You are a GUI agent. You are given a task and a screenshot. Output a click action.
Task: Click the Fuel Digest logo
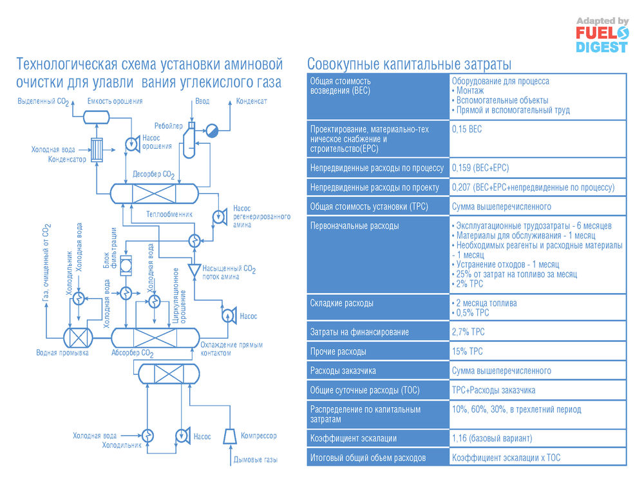tap(602, 35)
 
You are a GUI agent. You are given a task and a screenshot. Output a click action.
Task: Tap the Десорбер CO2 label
tap(154, 175)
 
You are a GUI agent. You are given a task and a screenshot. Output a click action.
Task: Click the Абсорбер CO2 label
tap(132, 353)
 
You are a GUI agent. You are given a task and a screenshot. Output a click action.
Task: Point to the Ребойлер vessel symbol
tap(190, 140)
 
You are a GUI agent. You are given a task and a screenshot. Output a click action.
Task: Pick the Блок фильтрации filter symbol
tap(126, 265)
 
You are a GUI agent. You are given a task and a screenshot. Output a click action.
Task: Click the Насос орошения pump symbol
tap(132, 144)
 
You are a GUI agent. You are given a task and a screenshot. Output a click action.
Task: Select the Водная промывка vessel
tap(78, 338)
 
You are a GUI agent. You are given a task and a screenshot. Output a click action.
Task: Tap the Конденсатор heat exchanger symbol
tap(97, 149)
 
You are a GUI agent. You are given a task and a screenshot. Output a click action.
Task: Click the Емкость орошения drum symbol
tap(97, 117)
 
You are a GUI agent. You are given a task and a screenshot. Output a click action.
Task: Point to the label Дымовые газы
tap(256, 460)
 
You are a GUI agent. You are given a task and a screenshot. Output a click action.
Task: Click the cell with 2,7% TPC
tap(468, 332)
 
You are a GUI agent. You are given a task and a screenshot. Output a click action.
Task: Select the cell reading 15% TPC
tap(468, 352)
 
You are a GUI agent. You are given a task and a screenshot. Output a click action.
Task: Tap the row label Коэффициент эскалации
tap(353, 439)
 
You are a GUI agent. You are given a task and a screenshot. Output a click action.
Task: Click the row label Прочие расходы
tap(338, 352)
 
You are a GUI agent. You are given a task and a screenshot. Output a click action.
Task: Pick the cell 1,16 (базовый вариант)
tap(492, 439)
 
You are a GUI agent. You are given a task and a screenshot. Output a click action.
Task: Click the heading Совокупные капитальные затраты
tap(409, 64)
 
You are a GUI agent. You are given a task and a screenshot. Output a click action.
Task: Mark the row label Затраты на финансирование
tap(359, 332)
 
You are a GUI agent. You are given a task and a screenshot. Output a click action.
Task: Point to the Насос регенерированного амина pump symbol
tap(220, 216)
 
